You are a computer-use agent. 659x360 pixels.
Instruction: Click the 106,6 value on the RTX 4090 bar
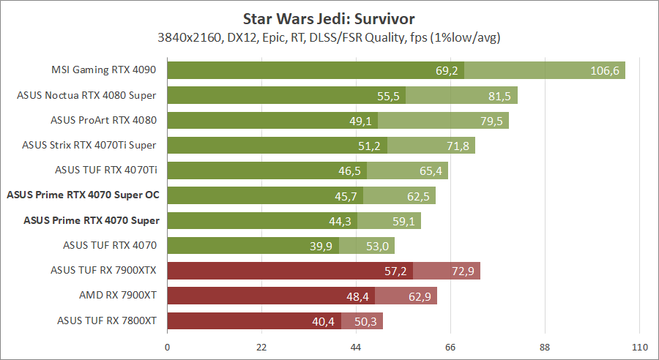point(605,70)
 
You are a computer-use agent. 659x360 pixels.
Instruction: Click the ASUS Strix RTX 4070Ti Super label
point(90,146)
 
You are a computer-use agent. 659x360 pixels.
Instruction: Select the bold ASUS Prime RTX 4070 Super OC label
point(83,195)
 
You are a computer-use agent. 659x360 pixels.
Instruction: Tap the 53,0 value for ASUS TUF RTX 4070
point(377,246)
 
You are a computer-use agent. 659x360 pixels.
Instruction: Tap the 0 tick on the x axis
point(168,348)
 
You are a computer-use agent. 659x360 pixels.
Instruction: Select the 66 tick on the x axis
point(451,348)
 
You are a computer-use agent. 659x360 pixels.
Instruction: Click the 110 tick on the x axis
point(639,348)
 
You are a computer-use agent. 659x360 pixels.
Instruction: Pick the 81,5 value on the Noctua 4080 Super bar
point(500,95)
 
